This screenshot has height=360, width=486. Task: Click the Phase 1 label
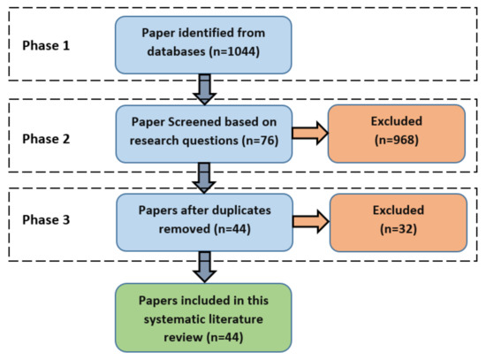46,45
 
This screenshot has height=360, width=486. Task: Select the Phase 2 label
46,139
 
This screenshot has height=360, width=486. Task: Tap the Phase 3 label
46,219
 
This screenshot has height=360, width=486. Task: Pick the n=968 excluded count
397,140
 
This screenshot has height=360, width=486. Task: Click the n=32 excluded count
399,229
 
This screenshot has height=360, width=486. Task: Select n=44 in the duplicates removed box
232,229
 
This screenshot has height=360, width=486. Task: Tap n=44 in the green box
224,337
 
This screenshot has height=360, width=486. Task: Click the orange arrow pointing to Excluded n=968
310,134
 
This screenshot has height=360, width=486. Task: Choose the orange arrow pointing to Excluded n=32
311,221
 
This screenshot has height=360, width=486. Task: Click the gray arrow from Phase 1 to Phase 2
205,89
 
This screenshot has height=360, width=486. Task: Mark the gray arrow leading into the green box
205,267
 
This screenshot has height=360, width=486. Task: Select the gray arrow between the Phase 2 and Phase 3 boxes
204,178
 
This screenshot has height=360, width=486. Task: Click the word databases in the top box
176,51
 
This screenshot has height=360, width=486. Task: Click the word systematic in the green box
175,319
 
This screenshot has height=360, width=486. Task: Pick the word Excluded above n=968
397,121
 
